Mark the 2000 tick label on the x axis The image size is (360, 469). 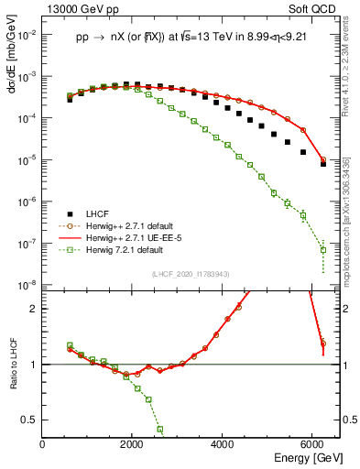133,444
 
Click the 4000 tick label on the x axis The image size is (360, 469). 223,444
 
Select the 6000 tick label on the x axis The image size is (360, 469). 312,444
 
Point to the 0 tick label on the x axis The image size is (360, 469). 43,444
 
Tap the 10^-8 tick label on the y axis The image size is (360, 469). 27,286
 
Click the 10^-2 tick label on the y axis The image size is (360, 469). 27,35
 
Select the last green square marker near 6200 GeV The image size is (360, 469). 322,249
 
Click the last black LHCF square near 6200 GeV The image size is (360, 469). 322,165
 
